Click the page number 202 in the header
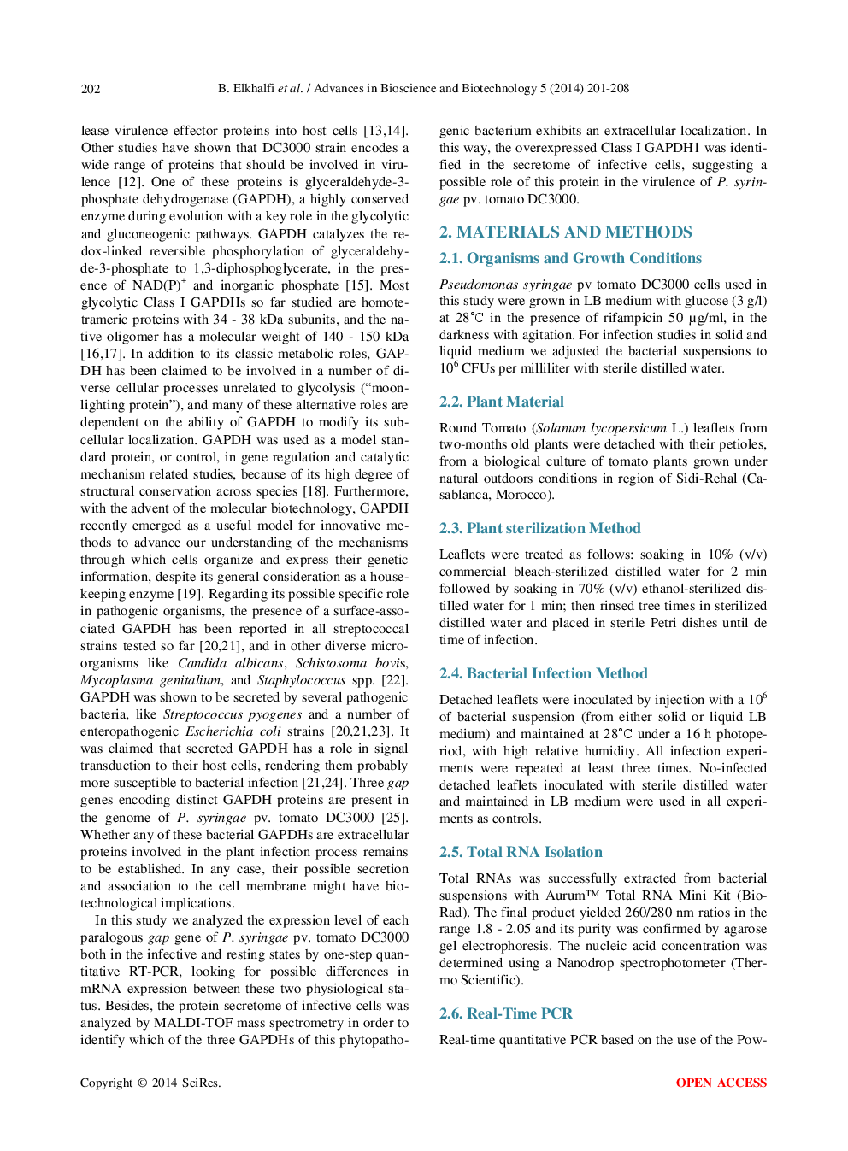pyautogui.click(x=91, y=88)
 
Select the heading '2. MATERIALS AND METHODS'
pyautogui.click(x=565, y=232)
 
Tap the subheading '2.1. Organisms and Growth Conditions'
pyautogui.click(x=570, y=258)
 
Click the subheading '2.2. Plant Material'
pyautogui.click(x=501, y=402)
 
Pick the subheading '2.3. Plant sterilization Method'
pyautogui.click(x=539, y=528)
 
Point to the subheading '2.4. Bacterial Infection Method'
pyautogui.click(x=543, y=673)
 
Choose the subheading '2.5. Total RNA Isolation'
pyautogui.click(x=521, y=852)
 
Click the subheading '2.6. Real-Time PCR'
pyautogui.click(x=505, y=1013)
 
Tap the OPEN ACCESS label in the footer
pyautogui.click(x=721, y=1083)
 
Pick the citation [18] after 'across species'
pyautogui.click(x=315, y=491)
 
